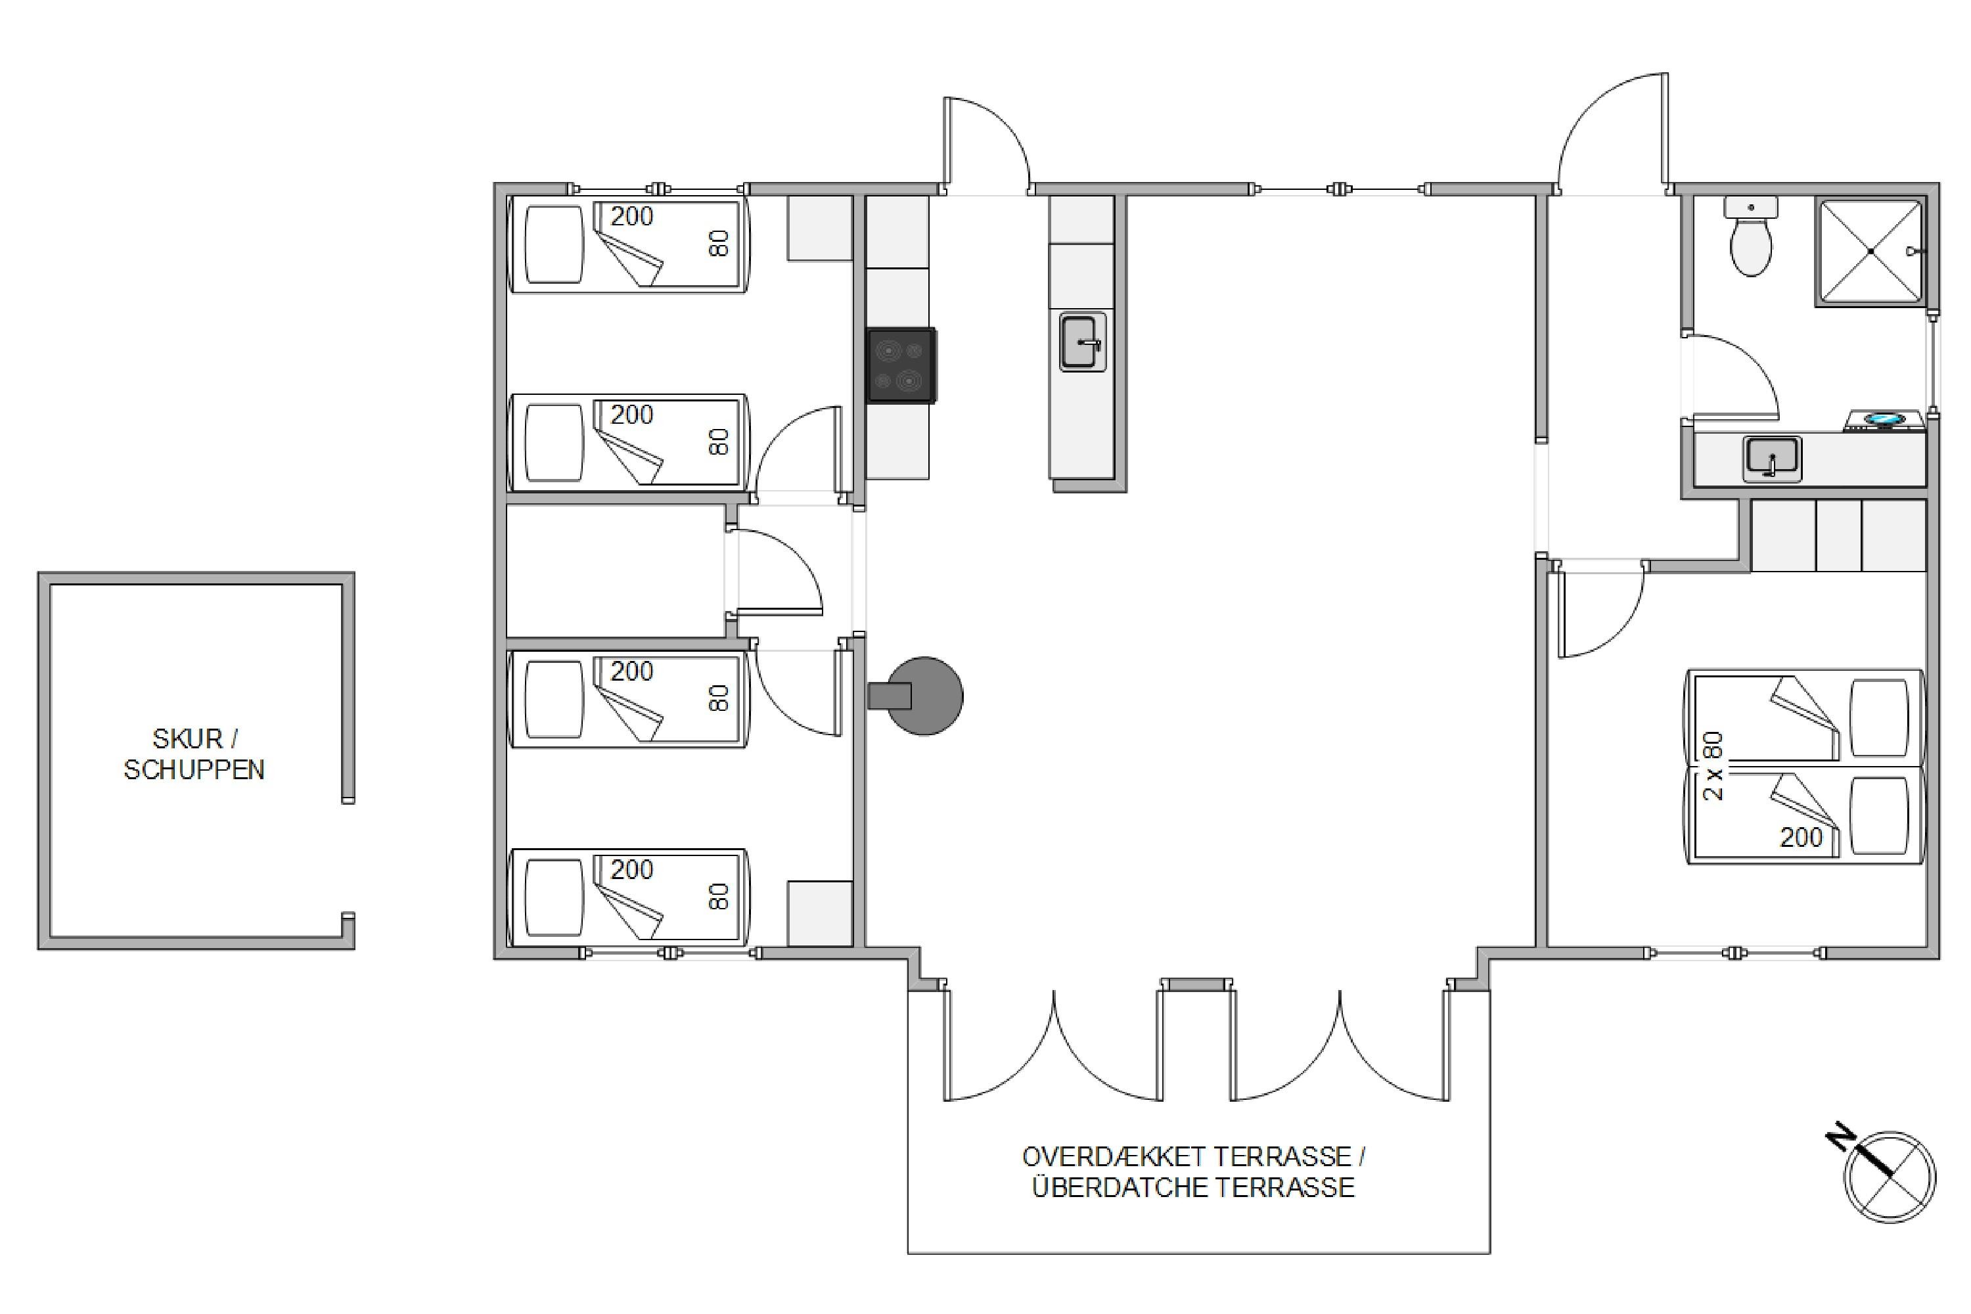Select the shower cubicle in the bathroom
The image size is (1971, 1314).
click(x=1870, y=252)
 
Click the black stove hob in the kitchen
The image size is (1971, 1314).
click(x=901, y=365)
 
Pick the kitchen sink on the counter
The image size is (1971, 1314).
click(x=1083, y=342)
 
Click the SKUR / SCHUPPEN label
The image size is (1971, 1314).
click(x=194, y=754)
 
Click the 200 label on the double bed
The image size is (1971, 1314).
click(x=1801, y=837)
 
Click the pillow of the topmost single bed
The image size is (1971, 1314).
click(x=553, y=244)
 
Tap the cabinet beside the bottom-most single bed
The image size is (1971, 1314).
click(x=819, y=913)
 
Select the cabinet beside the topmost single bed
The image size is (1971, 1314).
click(x=819, y=228)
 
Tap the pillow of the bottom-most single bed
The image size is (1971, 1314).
click(x=553, y=898)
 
